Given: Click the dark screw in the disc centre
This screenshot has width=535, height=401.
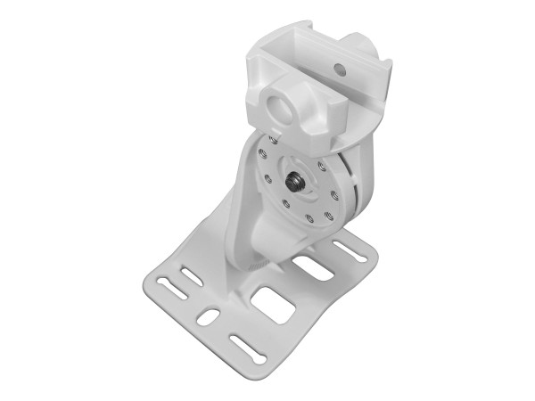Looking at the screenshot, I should [x=292, y=183].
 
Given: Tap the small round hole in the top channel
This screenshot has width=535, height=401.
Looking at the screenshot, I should [x=340, y=68].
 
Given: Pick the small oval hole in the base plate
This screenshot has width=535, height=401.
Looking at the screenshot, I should [x=208, y=317].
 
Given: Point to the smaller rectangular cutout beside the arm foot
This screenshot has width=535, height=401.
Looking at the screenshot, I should [x=313, y=266].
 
